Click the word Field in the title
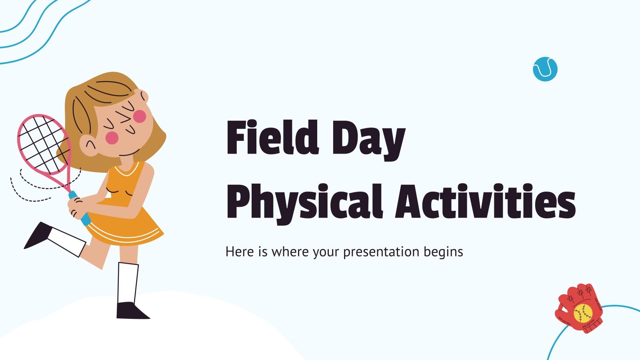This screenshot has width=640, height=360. [272, 138]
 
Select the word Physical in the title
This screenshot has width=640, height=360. [304, 203]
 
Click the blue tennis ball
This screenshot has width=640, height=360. [545, 69]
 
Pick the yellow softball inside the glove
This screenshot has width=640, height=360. [583, 314]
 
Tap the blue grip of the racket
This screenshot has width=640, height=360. [80, 208]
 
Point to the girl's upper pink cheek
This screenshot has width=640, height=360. [140, 116]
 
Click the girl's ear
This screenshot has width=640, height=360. [88, 146]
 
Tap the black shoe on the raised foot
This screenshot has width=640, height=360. [38, 235]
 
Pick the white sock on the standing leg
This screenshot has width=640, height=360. [128, 283]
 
